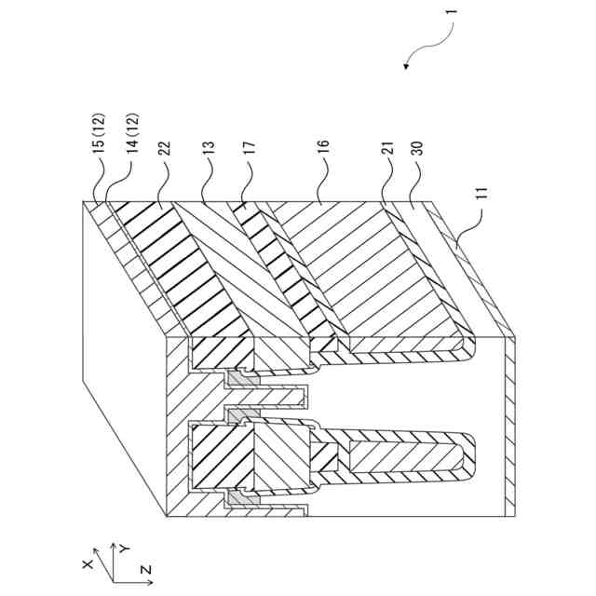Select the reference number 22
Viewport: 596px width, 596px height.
pyautogui.click(x=164, y=151)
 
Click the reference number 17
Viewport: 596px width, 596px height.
pyautogui.click(x=249, y=151)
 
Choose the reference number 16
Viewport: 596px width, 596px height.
pyautogui.click(x=323, y=151)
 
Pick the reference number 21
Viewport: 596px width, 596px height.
pyautogui.click(x=386, y=151)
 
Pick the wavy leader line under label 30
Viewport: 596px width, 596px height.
pyautogui.click(x=414, y=183)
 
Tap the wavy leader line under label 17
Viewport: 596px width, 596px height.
pyautogui.click(x=247, y=183)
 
